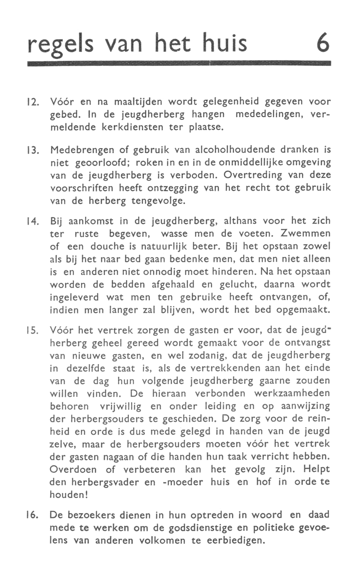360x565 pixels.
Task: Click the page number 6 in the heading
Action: click(x=322, y=43)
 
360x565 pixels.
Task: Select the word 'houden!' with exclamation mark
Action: click(x=69, y=494)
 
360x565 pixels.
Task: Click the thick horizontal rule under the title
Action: click(x=179, y=64)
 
